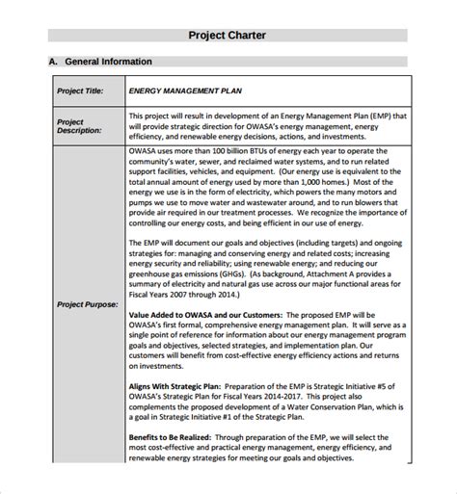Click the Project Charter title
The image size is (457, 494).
(227, 36)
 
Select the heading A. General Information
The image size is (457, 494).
(100, 62)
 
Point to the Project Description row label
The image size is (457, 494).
(79, 128)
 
